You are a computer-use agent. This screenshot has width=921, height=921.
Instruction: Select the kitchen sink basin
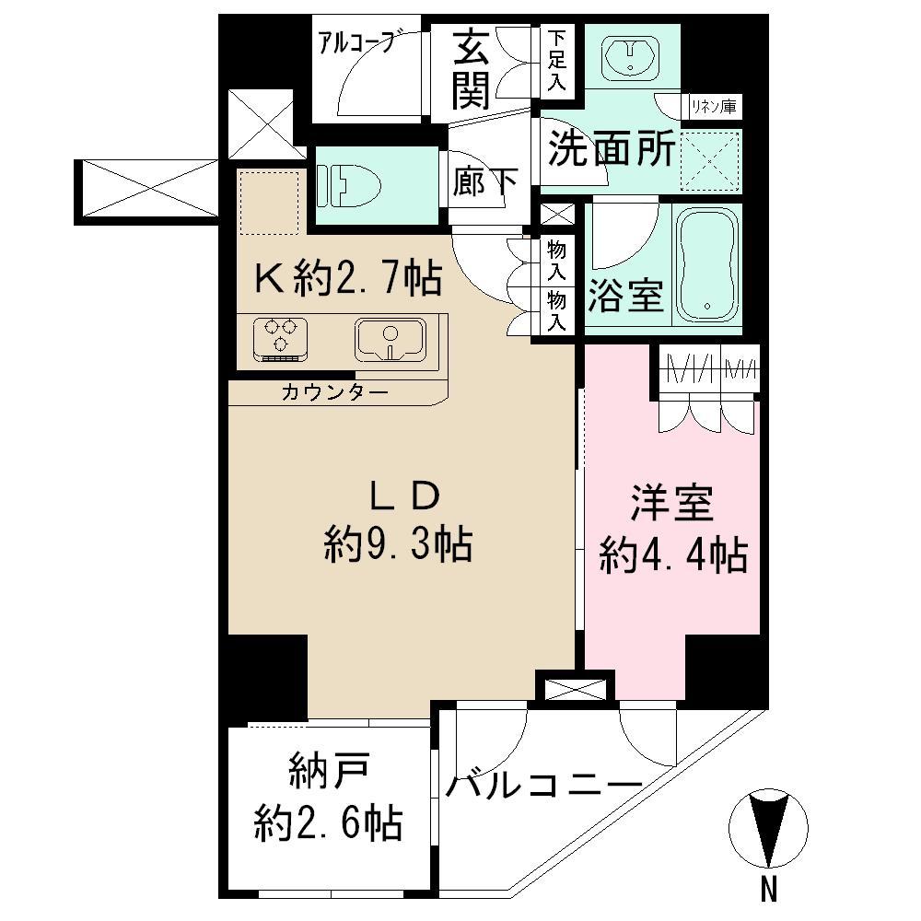(390, 339)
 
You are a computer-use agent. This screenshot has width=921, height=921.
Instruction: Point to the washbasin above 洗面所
(631, 57)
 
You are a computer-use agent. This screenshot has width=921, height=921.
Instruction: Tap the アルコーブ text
(356, 41)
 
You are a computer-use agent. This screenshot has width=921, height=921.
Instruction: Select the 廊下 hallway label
(484, 182)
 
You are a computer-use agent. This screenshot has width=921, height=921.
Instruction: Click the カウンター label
(334, 392)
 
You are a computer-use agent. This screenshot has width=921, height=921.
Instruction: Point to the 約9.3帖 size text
(398, 546)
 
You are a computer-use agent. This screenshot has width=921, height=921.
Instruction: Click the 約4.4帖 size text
(672, 555)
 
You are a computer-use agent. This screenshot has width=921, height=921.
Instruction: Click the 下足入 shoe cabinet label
(557, 60)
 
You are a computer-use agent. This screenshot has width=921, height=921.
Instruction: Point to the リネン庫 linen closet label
(714, 108)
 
